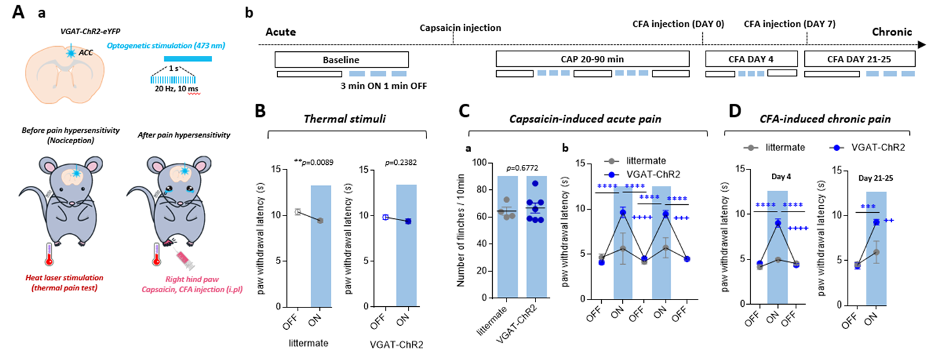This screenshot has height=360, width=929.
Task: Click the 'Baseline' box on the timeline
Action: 341,59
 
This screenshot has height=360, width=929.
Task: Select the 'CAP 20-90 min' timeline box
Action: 592,59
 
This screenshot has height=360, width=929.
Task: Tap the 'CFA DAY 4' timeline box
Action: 751,59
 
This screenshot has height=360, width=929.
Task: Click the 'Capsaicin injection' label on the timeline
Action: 461,28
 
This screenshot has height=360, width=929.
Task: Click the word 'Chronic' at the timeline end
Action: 892,32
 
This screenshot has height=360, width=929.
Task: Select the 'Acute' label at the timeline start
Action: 281,32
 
